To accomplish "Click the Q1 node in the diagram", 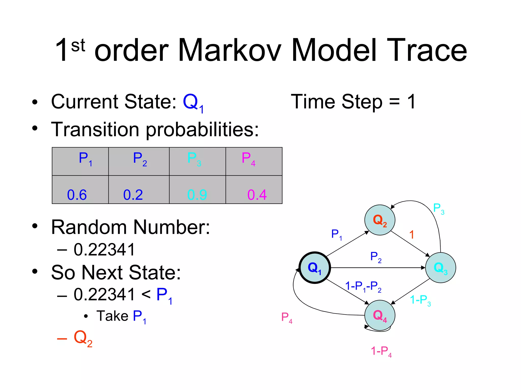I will (x=315, y=268).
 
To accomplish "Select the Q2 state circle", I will (x=380, y=220).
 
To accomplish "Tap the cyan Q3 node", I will (x=440, y=268).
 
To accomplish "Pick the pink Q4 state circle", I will (x=380, y=315).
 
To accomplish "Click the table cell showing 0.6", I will (x=80, y=190).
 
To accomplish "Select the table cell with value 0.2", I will (x=139, y=190).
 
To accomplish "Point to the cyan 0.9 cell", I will (x=197, y=190).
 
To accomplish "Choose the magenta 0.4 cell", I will (x=254, y=190).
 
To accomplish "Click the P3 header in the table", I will (x=197, y=161).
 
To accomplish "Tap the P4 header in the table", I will (x=254, y=161).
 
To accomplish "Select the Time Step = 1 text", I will (x=353, y=102).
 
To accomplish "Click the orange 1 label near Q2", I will (x=412, y=235).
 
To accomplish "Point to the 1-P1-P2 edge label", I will (x=363, y=287).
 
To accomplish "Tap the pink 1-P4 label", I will (x=381, y=351).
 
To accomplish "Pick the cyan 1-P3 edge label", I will (x=420, y=300).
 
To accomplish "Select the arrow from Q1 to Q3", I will (x=377, y=268).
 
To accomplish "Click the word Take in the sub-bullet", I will (x=112, y=316).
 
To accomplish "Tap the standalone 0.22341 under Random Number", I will (x=104, y=250).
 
